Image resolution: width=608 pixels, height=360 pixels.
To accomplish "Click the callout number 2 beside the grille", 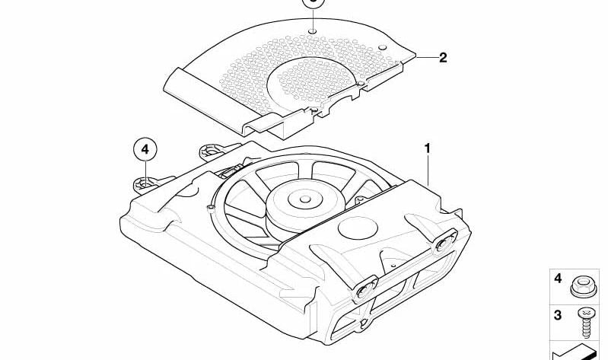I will pos(443,57).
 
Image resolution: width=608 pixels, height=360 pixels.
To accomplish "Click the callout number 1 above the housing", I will pos(428,148).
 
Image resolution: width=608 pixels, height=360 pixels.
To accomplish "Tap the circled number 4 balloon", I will pos(145,150).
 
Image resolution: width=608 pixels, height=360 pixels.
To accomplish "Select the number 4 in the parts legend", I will pos(558,279).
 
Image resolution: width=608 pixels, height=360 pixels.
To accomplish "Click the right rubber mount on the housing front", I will pos(442,244).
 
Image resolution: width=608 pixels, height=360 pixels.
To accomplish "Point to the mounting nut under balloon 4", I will pos(144,183).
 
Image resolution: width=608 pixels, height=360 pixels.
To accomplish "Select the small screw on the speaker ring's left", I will pos(209,207).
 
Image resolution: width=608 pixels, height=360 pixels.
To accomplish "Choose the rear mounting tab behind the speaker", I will pos(212,149).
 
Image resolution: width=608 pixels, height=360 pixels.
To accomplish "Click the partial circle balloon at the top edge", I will pos(312,3).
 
